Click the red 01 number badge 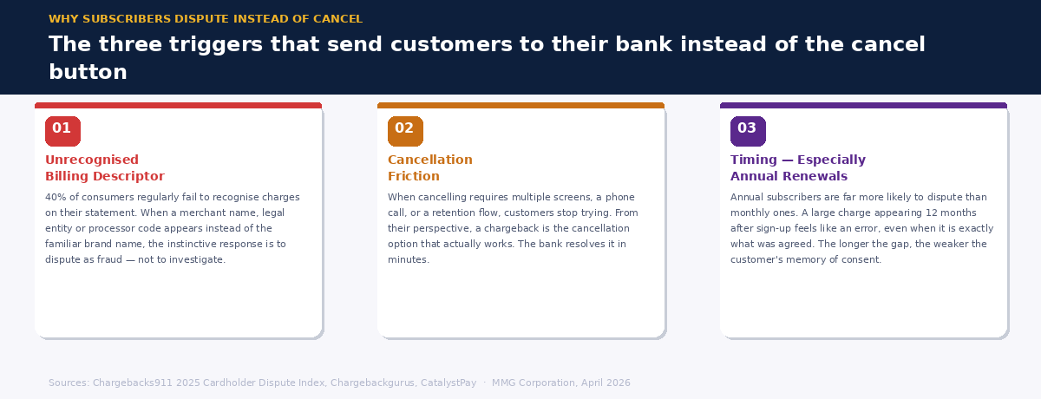pos(62,131)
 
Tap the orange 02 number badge pos(405,131)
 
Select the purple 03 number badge pos(748,131)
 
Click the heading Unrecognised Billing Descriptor pos(104,168)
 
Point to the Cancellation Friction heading pos(429,168)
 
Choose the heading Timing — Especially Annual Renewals pos(797,168)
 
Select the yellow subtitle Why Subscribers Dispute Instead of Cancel pos(206,19)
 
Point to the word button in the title pos(88,73)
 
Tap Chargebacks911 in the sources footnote pos(132,383)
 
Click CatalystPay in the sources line pos(448,383)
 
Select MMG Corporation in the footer pos(534,383)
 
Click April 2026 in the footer pos(606,383)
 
